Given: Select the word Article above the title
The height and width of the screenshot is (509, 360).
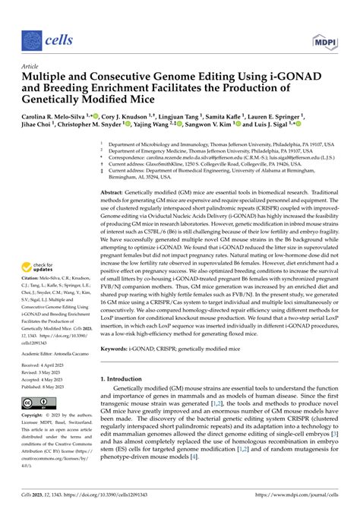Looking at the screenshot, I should pyautogui.click(x=30, y=67).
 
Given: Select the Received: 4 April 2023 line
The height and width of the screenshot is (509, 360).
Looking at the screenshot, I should pyautogui.click(x=48, y=367).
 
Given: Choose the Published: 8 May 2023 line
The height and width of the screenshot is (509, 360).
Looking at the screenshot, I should pyautogui.click(x=49, y=386).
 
